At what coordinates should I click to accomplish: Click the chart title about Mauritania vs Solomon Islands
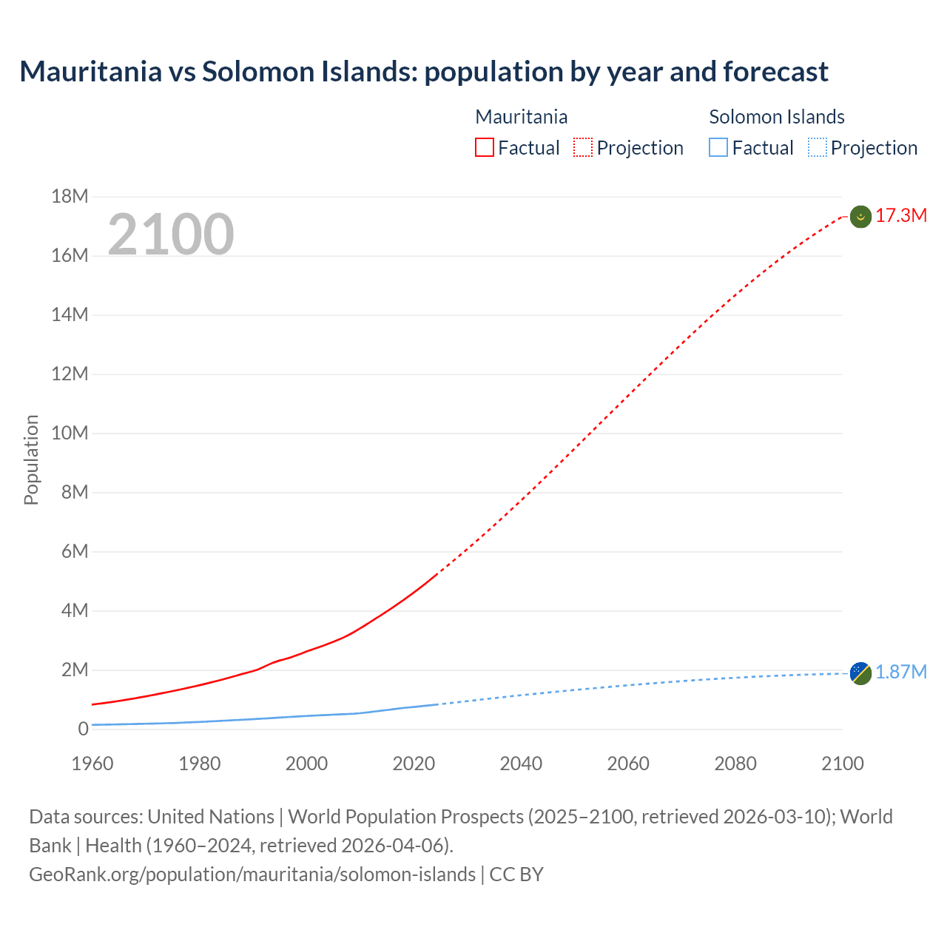tap(423, 72)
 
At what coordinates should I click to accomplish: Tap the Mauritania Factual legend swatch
tap(484, 147)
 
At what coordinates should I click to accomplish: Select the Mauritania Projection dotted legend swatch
tap(583, 147)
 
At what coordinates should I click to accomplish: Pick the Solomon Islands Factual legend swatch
tap(718, 147)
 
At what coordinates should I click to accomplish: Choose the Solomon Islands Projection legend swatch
tap(817, 147)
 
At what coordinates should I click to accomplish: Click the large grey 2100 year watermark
tap(171, 235)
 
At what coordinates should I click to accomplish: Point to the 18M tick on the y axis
tap(70, 196)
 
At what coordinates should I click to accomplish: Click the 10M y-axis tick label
tap(70, 433)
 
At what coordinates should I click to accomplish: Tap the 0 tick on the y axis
tap(83, 729)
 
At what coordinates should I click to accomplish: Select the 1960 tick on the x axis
tap(92, 764)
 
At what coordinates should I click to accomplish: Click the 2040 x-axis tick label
tap(521, 764)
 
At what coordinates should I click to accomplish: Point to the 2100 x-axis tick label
tap(842, 764)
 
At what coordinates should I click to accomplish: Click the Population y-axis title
tap(31, 459)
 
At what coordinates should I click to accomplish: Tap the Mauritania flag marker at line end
tap(860, 217)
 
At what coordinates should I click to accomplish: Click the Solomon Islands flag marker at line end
tap(860, 673)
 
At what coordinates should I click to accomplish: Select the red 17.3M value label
tap(901, 215)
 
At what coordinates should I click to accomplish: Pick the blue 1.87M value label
tap(901, 672)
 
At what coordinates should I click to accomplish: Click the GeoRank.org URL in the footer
tap(252, 874)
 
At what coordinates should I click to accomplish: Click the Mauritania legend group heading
tap(521, 117)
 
